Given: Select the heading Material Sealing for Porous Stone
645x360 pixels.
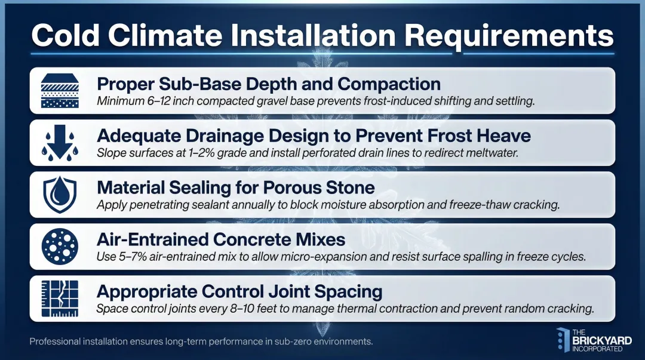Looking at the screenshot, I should [x=235, y=187].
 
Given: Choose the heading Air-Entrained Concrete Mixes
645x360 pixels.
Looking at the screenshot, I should [x=221, y=239].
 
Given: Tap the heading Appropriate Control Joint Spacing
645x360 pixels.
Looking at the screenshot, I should [x=239, y=291].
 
